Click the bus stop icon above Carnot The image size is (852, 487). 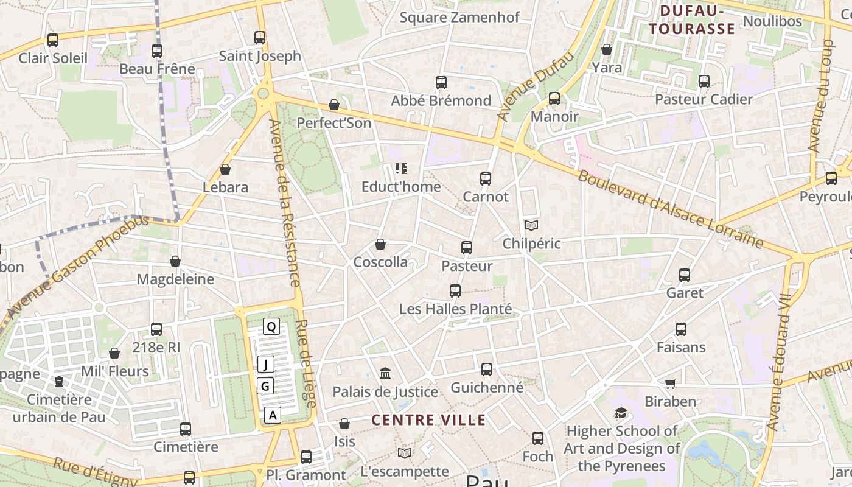click(x=485, y=179)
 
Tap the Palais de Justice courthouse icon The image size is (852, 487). click(x=385, y=373)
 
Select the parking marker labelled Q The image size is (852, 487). click(x=271, y=327)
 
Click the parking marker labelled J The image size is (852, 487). click(x=265, y=365)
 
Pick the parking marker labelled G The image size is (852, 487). click(x=265, y=386)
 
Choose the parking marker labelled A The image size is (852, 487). click(x=273, y=415)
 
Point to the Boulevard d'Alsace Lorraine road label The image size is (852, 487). click(x=669, y=209)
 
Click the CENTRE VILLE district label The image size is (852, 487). click(x=428, y=420)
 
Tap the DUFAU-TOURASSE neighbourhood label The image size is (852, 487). click(x=691, y=20)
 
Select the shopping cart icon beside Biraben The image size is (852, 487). click(x=670, y=384)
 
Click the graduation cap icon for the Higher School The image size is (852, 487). click(x=620, y=413)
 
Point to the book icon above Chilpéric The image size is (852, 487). click(x=531, y=226)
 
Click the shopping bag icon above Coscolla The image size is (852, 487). click(x=380, y=245)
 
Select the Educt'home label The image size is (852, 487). click(x=400, y=187)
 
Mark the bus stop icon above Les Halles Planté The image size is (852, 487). click(x=455, y=291)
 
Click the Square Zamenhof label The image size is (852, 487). click(x=459, y=17)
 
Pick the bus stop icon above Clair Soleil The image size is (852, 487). click(x=53, y=40)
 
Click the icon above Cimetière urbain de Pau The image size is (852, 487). click(x=59, y=382)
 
